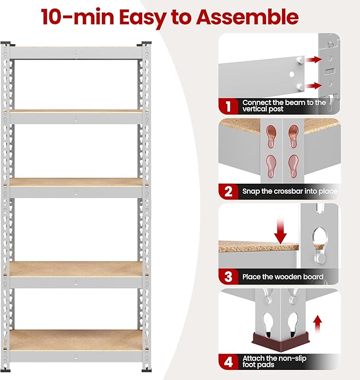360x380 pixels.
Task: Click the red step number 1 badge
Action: [228, 106]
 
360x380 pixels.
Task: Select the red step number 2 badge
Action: [228, 191]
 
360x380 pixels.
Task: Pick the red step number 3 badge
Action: [228, 277]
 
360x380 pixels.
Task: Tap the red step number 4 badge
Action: [228, 362]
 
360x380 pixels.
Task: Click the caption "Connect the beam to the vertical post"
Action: [284, 106]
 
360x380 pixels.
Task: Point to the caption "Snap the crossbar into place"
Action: [289, 191]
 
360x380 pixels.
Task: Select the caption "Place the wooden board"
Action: [283, 277]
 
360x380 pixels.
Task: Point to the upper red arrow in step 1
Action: [314, 59]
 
